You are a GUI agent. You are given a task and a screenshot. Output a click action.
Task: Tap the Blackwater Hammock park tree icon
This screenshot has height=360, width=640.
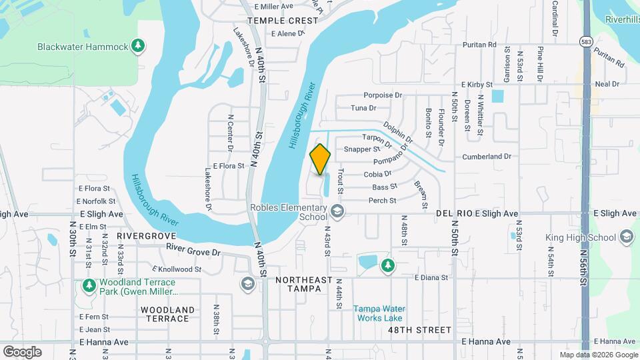tap(138, 46)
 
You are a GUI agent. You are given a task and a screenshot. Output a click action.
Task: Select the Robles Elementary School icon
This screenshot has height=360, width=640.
tap(337, 212)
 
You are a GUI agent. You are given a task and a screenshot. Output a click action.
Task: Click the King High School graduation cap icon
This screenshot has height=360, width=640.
tap(626, 237)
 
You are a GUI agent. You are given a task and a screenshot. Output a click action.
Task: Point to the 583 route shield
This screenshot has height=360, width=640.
tap(584, 39)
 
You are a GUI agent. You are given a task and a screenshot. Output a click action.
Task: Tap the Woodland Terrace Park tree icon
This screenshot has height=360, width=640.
tap(89, 286)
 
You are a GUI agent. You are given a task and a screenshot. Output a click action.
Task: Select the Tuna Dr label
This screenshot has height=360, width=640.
tap(363, 108)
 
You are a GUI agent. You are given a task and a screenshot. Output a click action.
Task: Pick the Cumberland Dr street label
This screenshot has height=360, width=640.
tap(487, 157)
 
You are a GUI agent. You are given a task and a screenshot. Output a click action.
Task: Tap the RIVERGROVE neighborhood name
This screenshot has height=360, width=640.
tap(146, 236)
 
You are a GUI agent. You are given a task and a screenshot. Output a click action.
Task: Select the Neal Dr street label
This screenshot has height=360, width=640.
tap(607, 84)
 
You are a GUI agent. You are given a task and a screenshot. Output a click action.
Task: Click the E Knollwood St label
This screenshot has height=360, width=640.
tap(177, 269)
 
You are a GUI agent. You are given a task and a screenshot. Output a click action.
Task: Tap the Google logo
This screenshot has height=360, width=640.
tap(22, 351)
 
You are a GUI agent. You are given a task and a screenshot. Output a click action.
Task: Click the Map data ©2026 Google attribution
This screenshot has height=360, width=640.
tap(599, 355)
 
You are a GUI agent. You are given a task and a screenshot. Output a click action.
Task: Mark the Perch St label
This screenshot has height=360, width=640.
tap(383, 201)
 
